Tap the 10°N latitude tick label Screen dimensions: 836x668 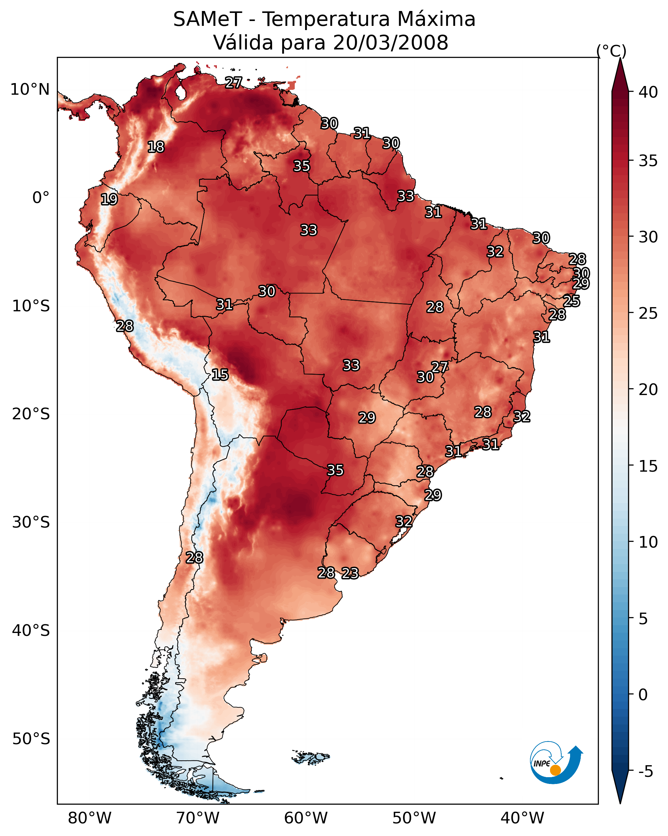pos(30,90)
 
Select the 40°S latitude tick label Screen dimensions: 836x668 pos(31,630)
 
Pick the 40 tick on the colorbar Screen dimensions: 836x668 pos(648,92)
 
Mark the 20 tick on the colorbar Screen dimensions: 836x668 pos(648,389)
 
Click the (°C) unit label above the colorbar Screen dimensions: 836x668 pos(611,51)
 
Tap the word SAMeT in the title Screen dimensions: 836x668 pos(207,19)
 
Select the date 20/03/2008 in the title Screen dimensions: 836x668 pos(390,43)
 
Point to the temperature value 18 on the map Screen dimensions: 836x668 pos(156,147)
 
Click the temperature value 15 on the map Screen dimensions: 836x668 pos(220,375)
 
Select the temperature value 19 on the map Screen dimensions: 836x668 pos(109,199)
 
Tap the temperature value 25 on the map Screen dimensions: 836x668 pos(571,301)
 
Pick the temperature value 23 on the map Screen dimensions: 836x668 pos(350,573)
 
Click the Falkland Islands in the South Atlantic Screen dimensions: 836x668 pos(310,757)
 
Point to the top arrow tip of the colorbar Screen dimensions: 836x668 pos(620,60)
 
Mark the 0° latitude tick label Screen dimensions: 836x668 pos(41,198)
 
